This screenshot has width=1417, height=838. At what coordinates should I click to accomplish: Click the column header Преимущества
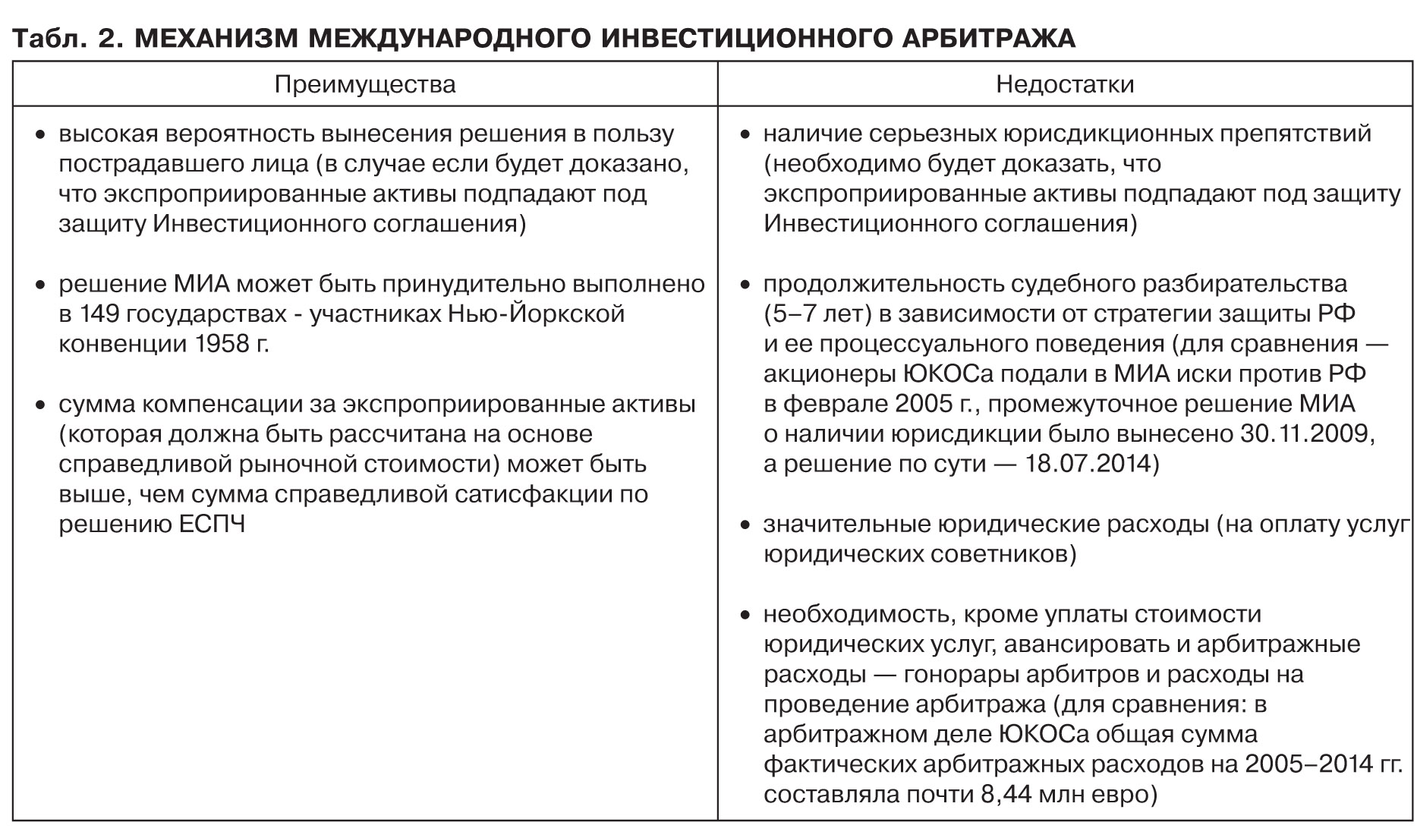[x=364, y=83]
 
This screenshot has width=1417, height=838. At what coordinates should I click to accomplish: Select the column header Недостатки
[x=1065, y=83]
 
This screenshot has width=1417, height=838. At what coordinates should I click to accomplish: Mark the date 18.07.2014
[x=1088, y=464]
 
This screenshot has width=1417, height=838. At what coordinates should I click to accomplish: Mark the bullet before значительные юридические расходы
[x=747, y=525]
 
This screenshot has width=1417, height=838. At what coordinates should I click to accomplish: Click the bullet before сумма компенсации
[x=42, y=405]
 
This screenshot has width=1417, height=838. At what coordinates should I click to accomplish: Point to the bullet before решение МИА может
[x=42, y=285]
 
